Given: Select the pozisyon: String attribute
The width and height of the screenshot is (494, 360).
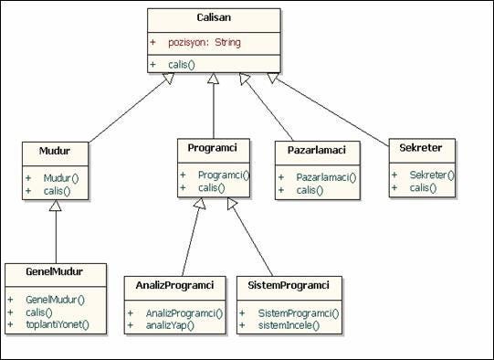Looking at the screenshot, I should click(x=204, y=42).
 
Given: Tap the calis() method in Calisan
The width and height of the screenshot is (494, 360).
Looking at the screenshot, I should click(x=185, y=64).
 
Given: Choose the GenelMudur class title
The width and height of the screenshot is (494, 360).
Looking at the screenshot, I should click(x=55, y=274).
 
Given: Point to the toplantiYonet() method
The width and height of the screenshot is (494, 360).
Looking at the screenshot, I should click(x=58, y=324).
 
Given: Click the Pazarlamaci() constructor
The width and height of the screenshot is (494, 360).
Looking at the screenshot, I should click(x=326, y=177).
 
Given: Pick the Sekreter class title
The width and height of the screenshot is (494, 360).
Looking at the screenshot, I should click(x=421, y=148).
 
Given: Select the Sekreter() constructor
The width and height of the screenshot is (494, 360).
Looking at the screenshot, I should click(x=432, y=175).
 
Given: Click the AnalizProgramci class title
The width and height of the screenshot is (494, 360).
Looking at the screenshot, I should click(x=174, y=286).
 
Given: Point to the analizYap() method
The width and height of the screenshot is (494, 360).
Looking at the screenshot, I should click(x=171, y=325).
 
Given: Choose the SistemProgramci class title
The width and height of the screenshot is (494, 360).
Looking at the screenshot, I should click(x=288, y=286).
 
